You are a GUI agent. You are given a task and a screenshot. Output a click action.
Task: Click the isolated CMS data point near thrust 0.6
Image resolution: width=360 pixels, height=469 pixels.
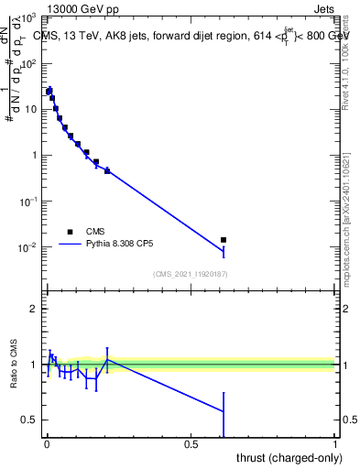tap(224, 240)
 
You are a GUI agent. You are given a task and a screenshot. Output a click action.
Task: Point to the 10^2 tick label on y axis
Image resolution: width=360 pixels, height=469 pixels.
tap(29, 63)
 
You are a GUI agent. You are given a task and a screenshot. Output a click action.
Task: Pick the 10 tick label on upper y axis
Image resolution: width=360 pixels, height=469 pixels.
tap(32, 109)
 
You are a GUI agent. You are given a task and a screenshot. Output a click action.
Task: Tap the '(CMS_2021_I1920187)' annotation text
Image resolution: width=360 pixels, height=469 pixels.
tap(191, 274)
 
